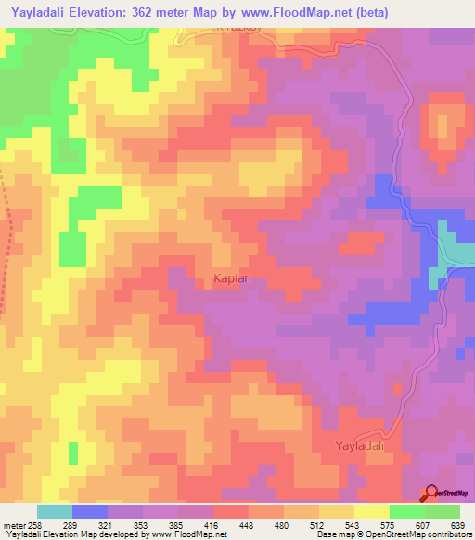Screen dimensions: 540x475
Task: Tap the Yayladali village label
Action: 359,446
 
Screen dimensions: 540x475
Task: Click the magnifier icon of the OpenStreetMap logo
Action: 431,493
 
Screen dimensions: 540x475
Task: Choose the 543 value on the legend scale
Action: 337,524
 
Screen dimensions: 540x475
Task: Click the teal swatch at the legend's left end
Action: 54,511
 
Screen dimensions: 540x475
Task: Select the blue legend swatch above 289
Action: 89,511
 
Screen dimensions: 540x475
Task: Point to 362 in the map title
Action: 153,12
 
